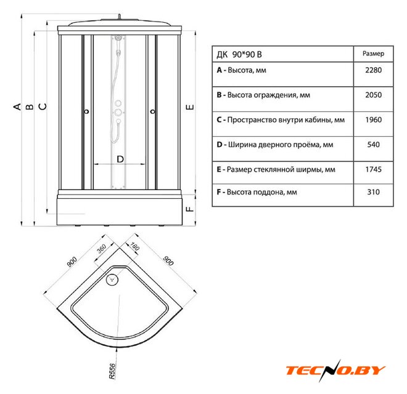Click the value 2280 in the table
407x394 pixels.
[x=373, y=71]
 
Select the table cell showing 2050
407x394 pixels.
[x=373, y=95]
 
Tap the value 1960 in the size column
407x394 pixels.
[x=373, y=120]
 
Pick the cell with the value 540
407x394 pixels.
[x=373, y=145]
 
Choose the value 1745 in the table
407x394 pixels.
[x=373, y=169]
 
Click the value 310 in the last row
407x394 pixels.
[x=373, y=192]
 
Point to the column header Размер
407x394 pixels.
[x=373, y=54]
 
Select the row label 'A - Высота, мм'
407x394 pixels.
[x=242, y=71]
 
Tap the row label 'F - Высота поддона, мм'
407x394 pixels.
[x=257, y=192]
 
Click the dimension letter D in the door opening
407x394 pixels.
[x=121, y=159]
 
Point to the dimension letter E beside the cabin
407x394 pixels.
[x=191, y=107]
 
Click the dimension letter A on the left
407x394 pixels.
[x=18, y=107]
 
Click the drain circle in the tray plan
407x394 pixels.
[x=112, y=281]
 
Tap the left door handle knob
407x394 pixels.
[x=86, y=112]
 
